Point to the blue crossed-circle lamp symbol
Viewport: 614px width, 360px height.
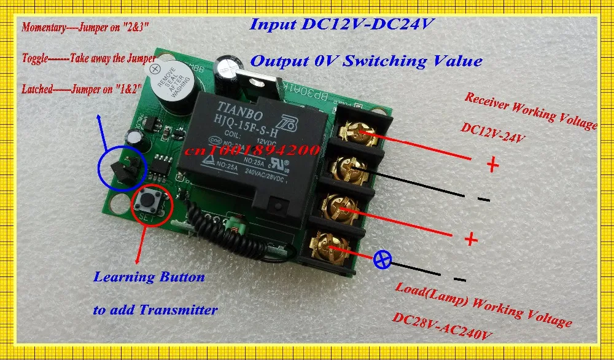pos(383,260)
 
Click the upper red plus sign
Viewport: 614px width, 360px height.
pos(492,165)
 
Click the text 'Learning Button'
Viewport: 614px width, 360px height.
pos(149,277)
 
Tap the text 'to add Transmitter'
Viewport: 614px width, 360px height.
pos(155,310)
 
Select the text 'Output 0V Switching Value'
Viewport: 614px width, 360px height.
pos(366,61)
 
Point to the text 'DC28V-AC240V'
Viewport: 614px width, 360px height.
pos(442,326)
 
